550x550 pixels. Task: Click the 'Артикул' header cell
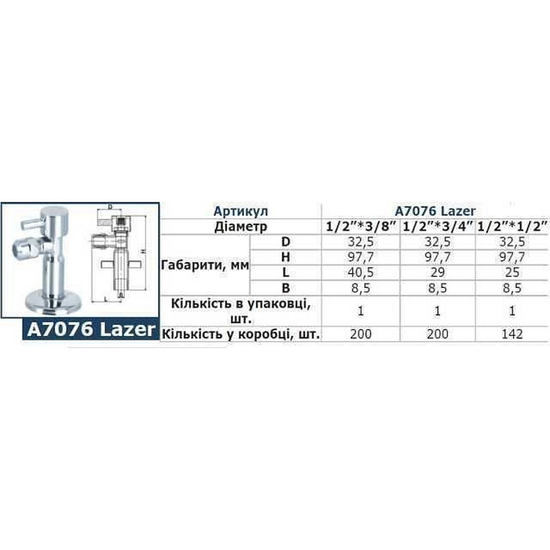click(x=240, y=211)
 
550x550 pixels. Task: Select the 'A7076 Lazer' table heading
click(x=436, y=211)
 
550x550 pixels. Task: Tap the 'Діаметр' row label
click(x=241, y=226)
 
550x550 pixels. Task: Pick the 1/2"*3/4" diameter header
click(x=438, y=226)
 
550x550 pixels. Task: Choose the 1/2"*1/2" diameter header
click(x=514, y=226)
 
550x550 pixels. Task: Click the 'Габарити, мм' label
click(x=205, y=265)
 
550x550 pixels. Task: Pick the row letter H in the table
click(x=285, y=257)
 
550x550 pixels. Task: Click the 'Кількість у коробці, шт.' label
click(x=241, y=334)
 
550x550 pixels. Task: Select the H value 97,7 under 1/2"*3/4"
click(x=438, y=257)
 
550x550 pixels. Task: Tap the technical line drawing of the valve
click(x=118, y=253)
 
